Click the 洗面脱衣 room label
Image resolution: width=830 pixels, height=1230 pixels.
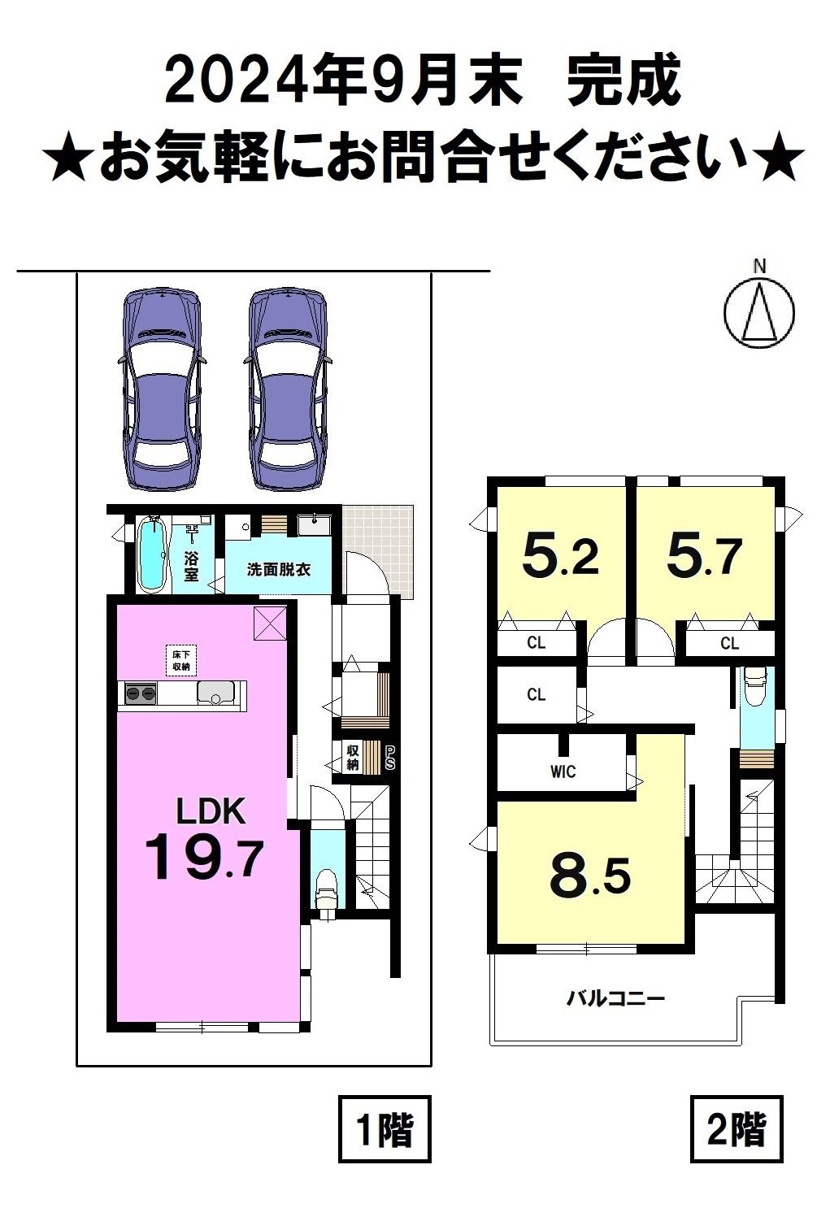click(278, 569)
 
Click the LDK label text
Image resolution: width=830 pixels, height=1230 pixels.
click(211, 811)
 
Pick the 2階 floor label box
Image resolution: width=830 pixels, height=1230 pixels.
click(737, 1129)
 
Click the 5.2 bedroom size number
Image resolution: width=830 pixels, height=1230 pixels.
click(560, 556)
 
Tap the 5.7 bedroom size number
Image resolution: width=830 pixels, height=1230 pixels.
click(705, 556)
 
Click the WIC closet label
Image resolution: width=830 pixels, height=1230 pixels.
click(563, 772)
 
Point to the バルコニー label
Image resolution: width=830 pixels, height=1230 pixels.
click(615, 997)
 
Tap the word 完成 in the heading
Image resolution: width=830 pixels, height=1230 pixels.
click(624, 83)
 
